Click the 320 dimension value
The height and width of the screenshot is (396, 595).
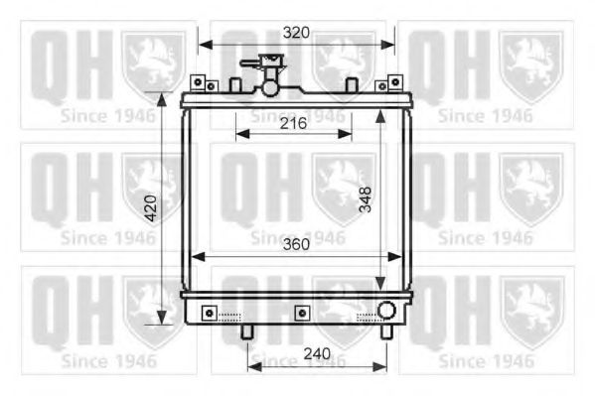tap(295, 32)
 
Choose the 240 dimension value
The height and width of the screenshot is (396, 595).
tap(316, 352)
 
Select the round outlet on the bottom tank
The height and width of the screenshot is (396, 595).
tap(384, 312)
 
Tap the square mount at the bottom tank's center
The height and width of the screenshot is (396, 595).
tap(299, 314)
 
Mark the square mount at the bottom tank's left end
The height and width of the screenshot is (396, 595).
tap(208, 314)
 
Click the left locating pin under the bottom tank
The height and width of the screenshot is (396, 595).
tap(246, 331)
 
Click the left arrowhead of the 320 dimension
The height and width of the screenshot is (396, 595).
tap(204, 44)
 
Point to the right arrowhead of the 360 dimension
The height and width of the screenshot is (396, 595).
tap(396, 257)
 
